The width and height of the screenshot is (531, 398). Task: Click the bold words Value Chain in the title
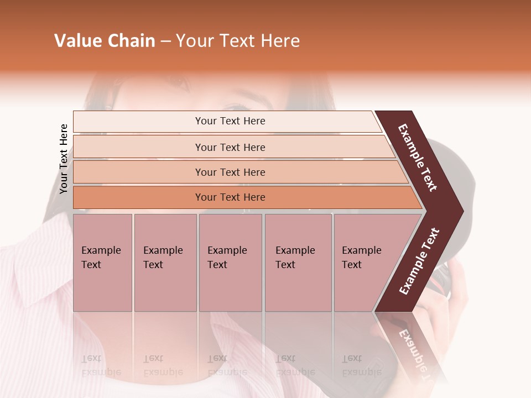coord(105,41)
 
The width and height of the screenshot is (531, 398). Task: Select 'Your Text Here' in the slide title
coord(238,41)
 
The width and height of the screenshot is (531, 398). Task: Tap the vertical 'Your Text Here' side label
coord(64,159)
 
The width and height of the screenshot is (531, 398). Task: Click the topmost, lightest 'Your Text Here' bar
coord(230,121)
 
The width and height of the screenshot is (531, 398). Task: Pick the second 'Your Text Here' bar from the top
coord(230,147)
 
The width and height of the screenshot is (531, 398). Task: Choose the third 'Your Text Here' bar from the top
coord(230,172)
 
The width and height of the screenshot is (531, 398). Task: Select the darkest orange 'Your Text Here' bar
coord(230,197)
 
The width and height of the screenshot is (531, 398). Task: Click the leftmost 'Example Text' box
coord(102,263)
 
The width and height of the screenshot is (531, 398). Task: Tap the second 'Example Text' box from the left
coord(165,263)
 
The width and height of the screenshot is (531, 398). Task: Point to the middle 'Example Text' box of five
coord(230,263)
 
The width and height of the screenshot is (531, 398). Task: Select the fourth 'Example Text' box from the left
coord(298,263)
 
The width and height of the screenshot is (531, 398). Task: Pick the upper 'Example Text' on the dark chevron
coord(418,158)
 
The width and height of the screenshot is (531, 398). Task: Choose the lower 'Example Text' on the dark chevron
coord(419,261)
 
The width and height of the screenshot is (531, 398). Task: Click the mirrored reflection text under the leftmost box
coord(101,365)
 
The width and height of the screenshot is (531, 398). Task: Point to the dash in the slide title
coord(165,41)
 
